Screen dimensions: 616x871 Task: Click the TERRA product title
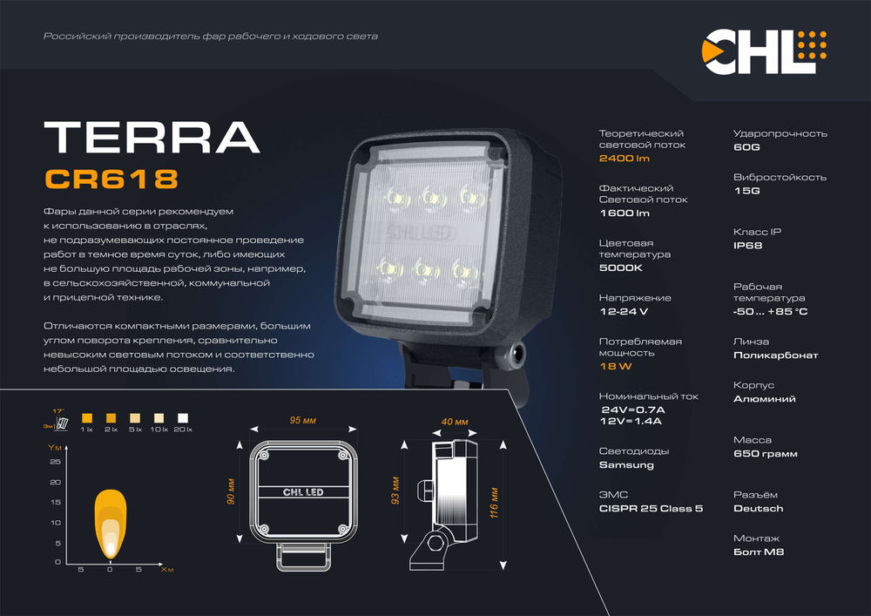pos(152,137)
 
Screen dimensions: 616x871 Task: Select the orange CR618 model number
pos(111,179)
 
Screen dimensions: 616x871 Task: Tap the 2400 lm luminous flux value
pos(625,159)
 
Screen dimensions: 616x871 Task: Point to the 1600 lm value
pos(625,213)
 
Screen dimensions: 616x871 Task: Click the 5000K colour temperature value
pos(620,268)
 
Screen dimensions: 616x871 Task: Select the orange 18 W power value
pos(615,368)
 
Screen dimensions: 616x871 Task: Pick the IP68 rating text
pos(747,247)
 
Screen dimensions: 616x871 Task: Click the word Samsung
pos(626,465)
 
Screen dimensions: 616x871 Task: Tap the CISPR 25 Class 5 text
pos(651,509)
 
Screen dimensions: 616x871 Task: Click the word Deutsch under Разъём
pos(758,509)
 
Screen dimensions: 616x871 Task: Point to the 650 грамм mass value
pos(765,454)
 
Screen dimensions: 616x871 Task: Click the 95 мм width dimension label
pos(302,421)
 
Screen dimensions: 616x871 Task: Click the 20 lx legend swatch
pos(184,417)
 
